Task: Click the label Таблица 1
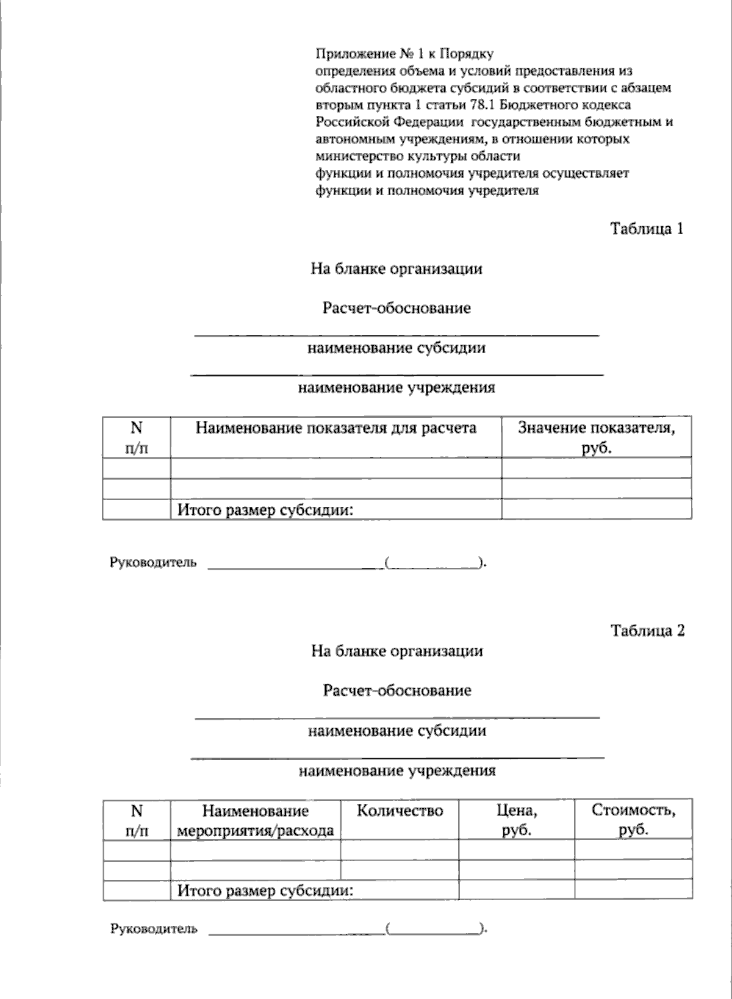(647, 229)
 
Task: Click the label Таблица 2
(647, 631)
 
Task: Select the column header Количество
(400, 811)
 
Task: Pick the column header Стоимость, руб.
(633, 820)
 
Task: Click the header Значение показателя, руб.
(596, 437)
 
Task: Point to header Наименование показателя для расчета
(335, 428)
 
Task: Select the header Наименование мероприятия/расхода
(255, 820)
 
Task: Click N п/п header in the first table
(136, 437)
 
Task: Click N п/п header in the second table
(137, 820)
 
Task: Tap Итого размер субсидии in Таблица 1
(265, 510)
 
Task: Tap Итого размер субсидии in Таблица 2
(265, 891)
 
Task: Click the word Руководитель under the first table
(153, 563)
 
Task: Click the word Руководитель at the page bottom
(154, 929)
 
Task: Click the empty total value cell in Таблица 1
(596, 510)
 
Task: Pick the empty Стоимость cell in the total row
(633, 890)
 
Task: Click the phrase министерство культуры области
(418, 156)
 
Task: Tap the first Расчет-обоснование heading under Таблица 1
(396, 308)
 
